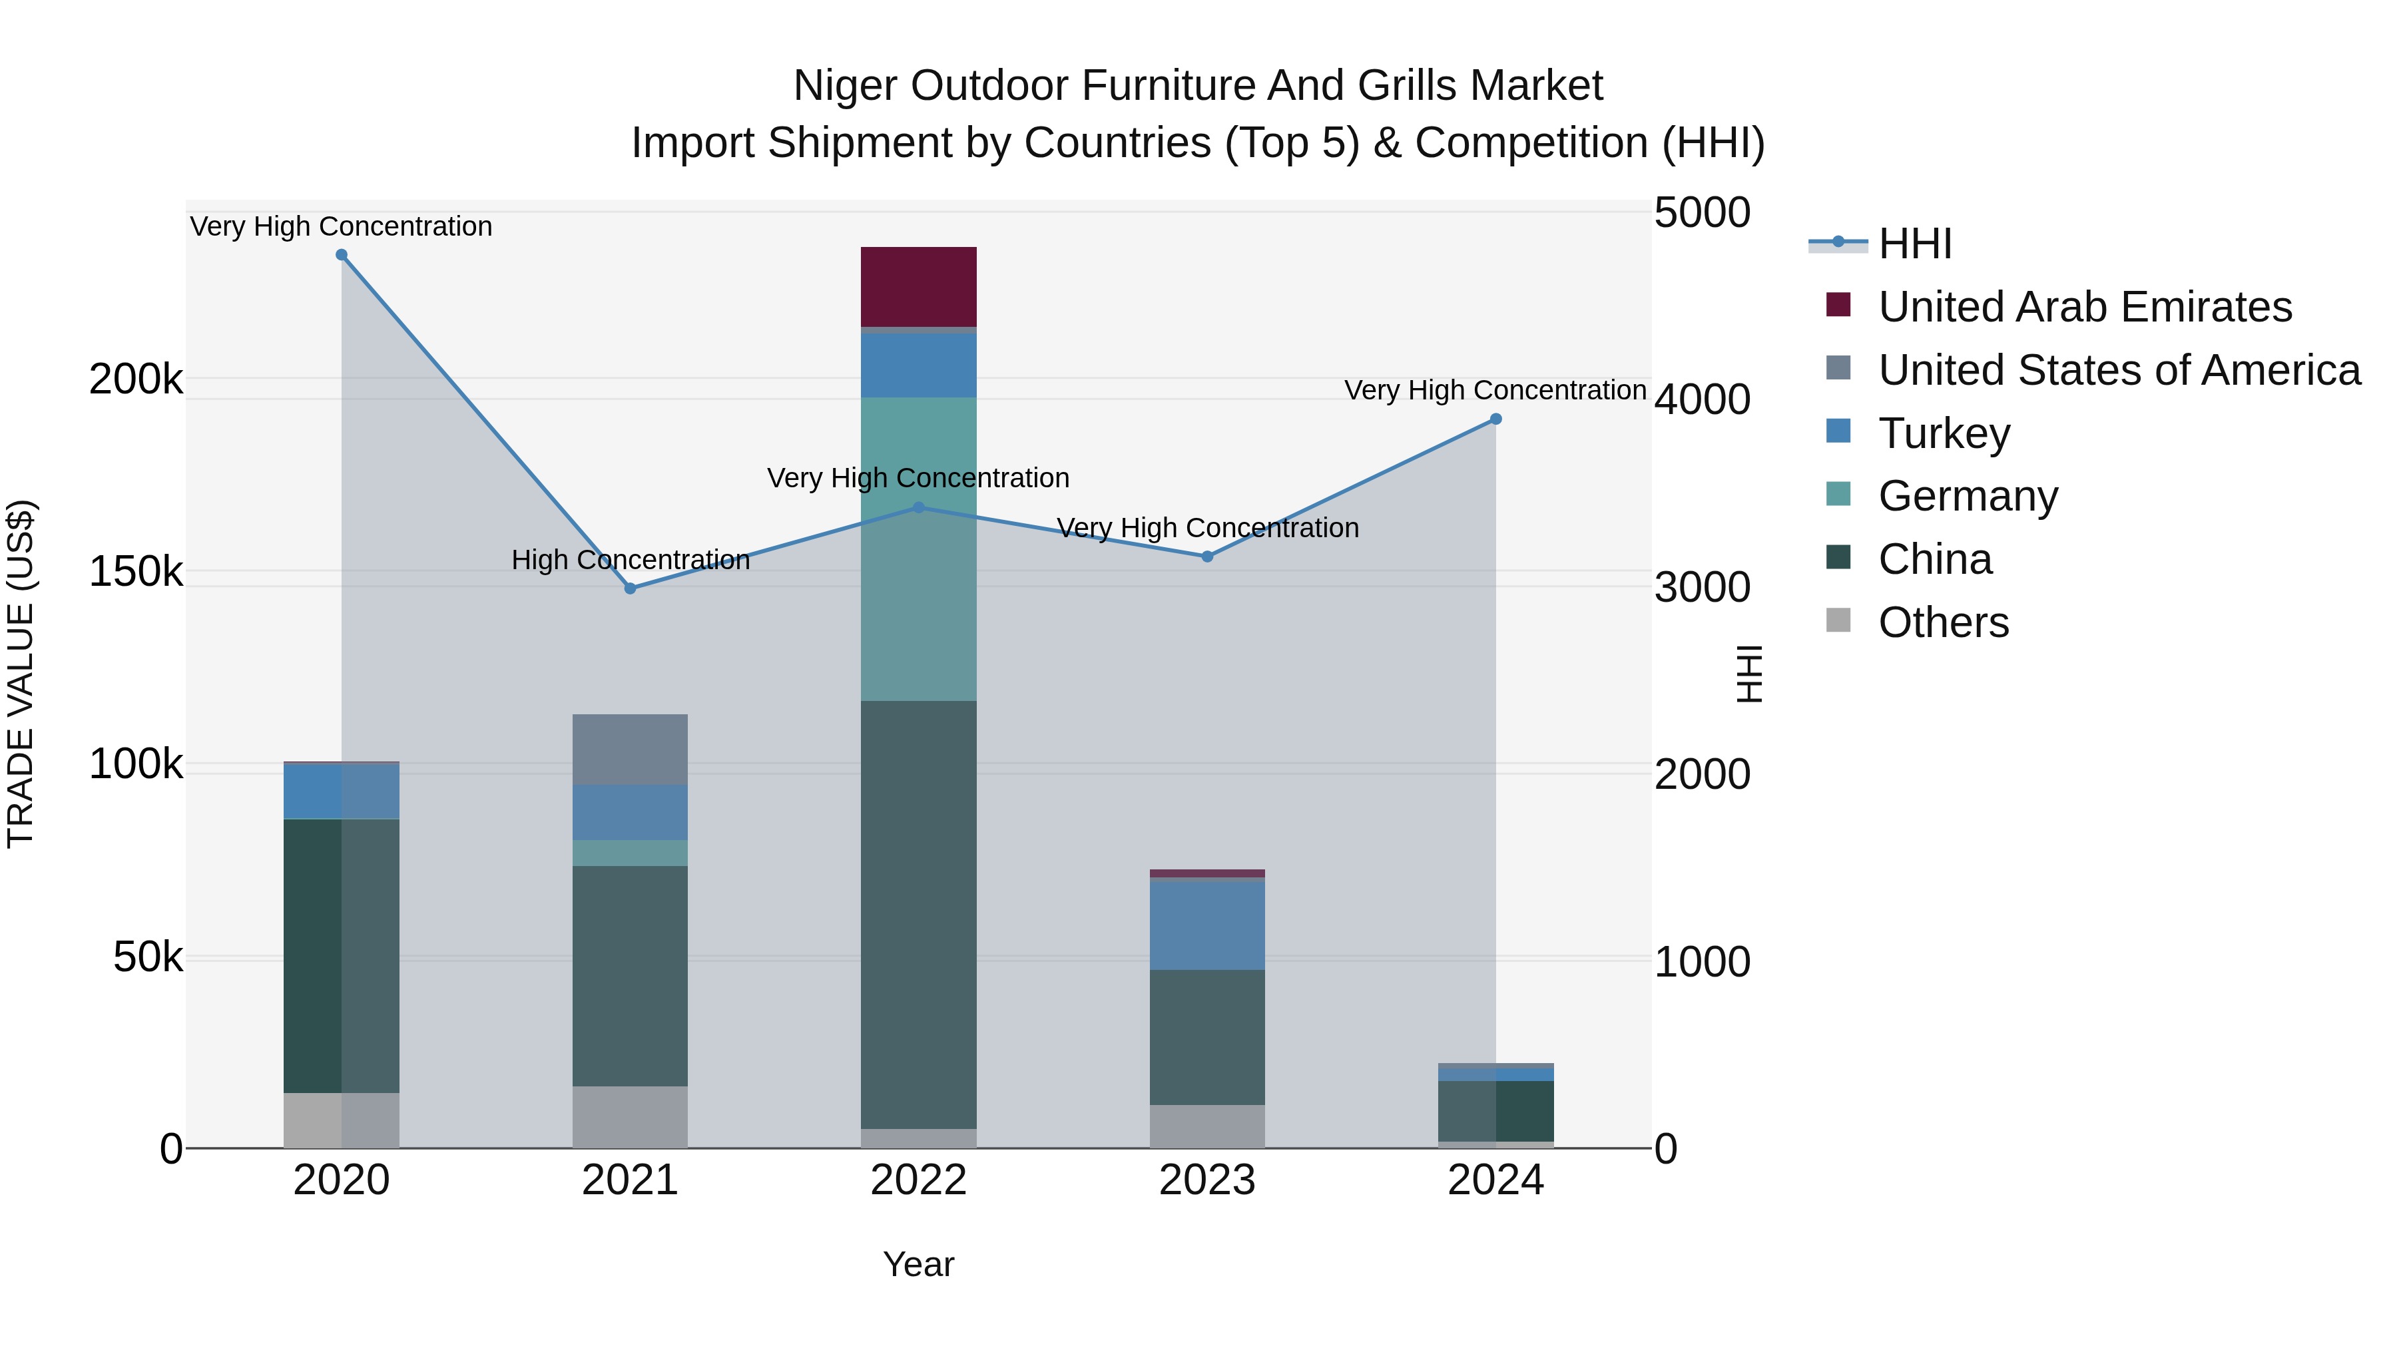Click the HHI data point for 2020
point(342,255)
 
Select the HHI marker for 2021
point(630,588)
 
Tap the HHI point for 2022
point(918,507)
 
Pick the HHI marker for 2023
point(1207,557)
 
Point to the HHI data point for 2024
point(1495,419)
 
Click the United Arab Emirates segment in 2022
point(918,286)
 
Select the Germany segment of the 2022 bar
point(918,549)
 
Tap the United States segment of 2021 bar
point(630,749)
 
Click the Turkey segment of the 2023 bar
point(1207,925)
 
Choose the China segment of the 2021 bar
point(630,976)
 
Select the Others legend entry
point(1943,622)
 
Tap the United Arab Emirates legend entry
point(2084,307)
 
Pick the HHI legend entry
point(1914,244)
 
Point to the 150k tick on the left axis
point(136,571)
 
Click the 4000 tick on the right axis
point(1702,400)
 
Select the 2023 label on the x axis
point(1207,1180)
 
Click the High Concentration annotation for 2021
point(630,560)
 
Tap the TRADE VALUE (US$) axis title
point(21,674)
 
